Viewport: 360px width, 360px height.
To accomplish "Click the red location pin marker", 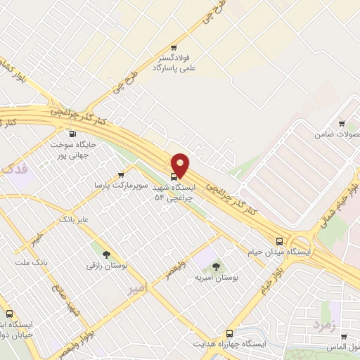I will tap(181, 165).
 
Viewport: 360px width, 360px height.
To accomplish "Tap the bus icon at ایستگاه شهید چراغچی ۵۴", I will tap(174, 176).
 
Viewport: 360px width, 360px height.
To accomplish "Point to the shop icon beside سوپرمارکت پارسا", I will tap(120, 174).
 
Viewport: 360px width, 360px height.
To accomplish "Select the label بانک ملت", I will tap(30, 262).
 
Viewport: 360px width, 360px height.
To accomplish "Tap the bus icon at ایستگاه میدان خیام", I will tap(280, 240).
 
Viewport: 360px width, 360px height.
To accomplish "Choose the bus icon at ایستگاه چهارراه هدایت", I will tap(229, 333).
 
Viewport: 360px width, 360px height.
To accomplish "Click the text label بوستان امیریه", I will tap(217, 278).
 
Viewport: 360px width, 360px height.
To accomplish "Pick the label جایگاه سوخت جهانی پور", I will tap(72, 150).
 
